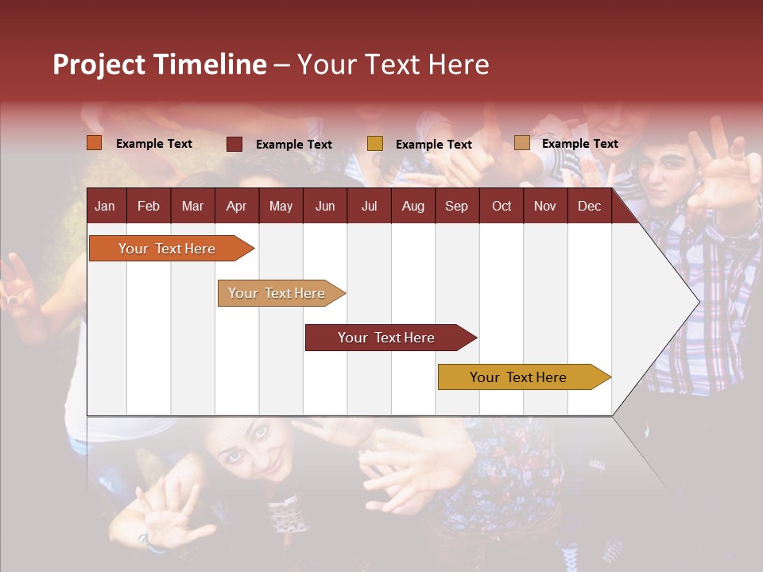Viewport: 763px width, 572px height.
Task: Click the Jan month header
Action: (105, 207)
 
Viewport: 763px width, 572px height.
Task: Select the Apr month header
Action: (236, 207)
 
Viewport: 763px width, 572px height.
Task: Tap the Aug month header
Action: (412, 207)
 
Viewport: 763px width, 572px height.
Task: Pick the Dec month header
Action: (589, 207)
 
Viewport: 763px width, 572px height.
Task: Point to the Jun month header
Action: (325, 207)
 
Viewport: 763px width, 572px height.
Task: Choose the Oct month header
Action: (502, 207)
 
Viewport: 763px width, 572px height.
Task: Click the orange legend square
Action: (95, 143)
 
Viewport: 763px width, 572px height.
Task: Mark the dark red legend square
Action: (234, 144)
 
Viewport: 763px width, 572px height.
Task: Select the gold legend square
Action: (375, 144)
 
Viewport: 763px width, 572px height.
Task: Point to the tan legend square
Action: (522, 143)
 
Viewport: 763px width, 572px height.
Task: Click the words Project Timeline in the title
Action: (160, 64)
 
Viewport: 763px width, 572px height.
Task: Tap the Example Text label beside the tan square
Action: (579, 144)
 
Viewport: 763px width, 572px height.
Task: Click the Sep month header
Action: (456, 207)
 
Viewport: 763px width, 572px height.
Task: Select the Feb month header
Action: (149, 207)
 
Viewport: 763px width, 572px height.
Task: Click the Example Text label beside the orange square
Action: (154, 144)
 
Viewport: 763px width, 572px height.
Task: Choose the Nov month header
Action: (545, 207)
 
